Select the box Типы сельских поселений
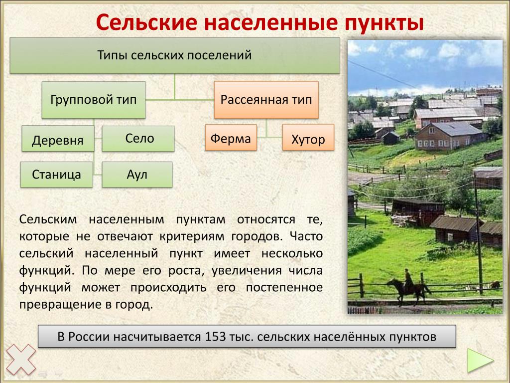pos(175,55)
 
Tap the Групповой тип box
pos(94,100)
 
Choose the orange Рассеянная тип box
pos(266,100)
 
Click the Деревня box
pos(58,139)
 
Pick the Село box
pos(138,139)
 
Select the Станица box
pos(57,175)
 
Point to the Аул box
pos(137,175)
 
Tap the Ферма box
pos(231,138)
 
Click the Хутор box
pos(308,138)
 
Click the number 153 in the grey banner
pos(215,337)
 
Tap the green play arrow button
pos(481,360)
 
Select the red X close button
pos(21,360)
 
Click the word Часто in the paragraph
pos(306,236)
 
